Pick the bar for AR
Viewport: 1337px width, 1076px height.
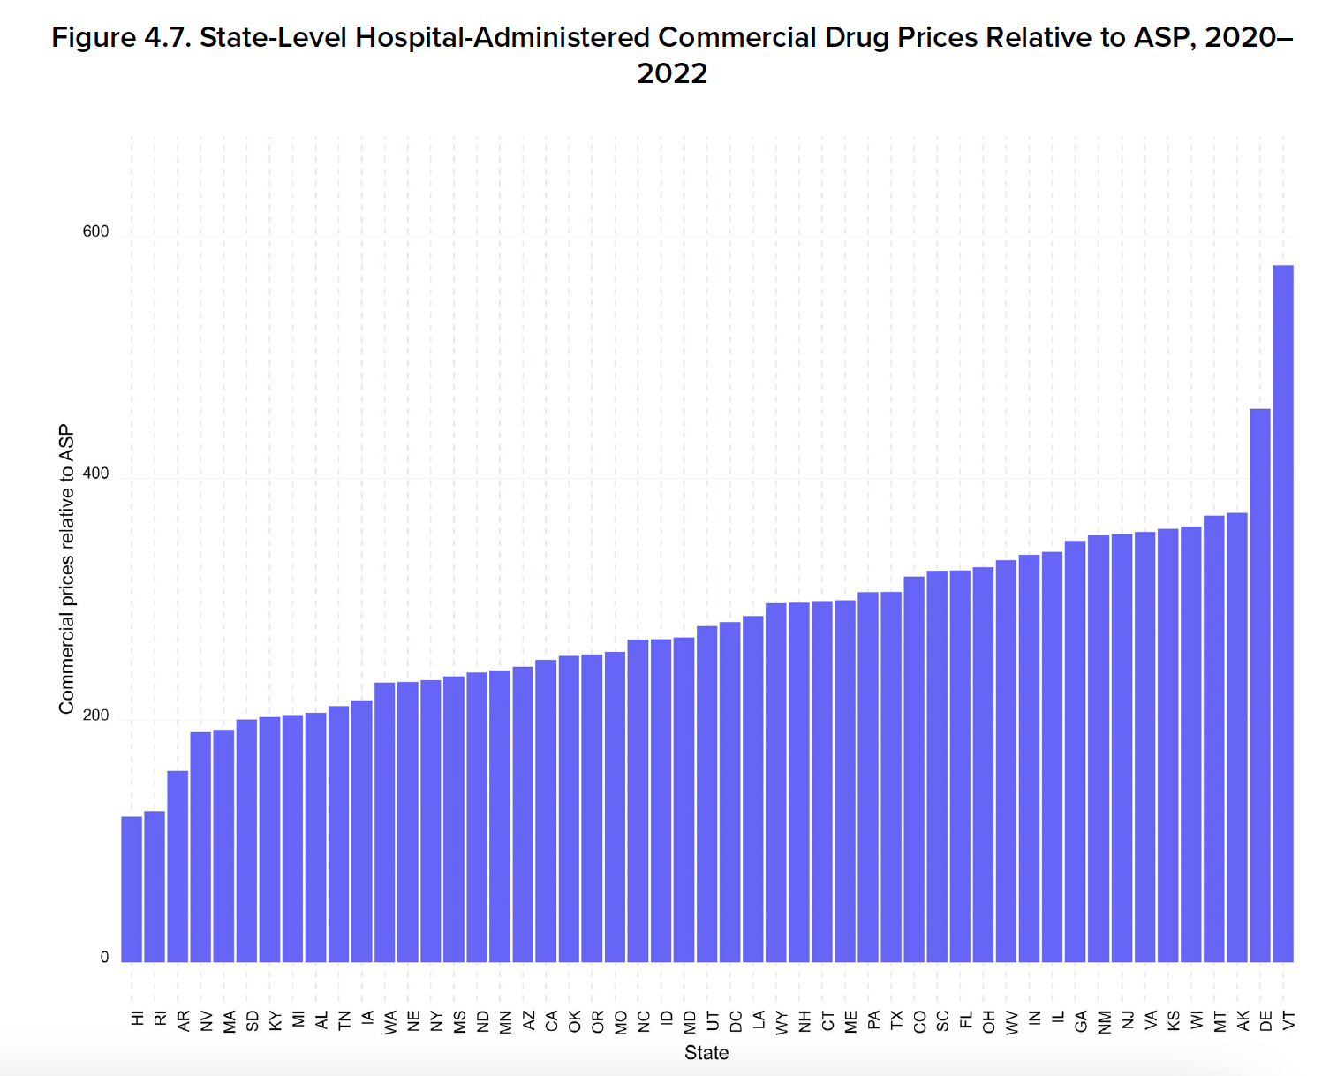tap(178, 866)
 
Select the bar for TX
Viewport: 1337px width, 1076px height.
tap(891, 777)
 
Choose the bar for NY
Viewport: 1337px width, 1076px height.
tap(431, 821)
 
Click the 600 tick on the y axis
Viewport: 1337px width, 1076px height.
tap(95, 231)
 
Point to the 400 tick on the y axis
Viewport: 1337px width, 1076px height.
tap(95, 474)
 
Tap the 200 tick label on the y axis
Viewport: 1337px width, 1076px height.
tap(95, 716)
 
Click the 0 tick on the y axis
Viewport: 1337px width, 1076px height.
tap(104, 958)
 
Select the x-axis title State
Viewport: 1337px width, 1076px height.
tap(706, 1053)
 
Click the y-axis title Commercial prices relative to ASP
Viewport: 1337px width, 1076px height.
tap(66, 570)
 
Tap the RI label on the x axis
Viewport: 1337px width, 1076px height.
tap(160, 1019)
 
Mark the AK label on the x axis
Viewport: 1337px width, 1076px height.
tap(1243, 1021)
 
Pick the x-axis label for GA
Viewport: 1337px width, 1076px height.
tap(1081, 1021)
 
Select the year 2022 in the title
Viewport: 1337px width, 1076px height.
tap(672, 73)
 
